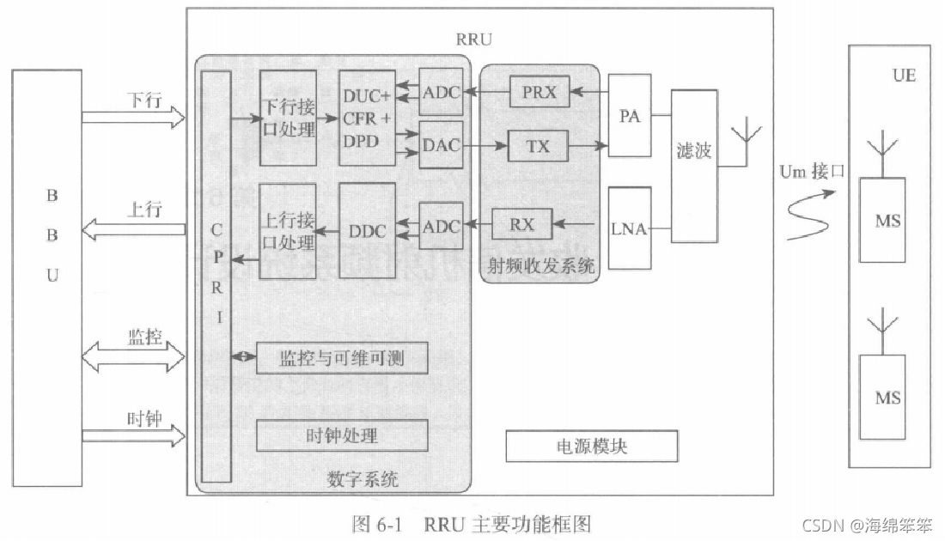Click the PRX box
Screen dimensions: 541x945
coord(539,91)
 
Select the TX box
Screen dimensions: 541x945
coord(539,146)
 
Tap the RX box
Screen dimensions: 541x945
coord(521,225)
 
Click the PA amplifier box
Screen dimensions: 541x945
coord(630,116)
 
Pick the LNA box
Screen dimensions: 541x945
coord(630,229)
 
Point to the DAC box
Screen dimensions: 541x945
coord(441,147)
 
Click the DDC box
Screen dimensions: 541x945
coord(368,230)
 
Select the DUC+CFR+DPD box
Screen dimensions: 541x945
coord(368,119)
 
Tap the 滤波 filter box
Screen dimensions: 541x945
coord(693,152)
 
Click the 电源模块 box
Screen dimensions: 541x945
coord(591,447)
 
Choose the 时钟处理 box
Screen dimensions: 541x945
coord(342,435)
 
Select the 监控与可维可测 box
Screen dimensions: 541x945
coord(342,358)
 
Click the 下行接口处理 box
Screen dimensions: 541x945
coord(287,119)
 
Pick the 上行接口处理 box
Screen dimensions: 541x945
coord(287,230)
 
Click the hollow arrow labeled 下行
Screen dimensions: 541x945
coord(133,115)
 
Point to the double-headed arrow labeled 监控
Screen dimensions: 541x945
coord(133,355)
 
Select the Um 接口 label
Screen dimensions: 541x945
coord(811,172)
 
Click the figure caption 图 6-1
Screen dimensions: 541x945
coord(472,523)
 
